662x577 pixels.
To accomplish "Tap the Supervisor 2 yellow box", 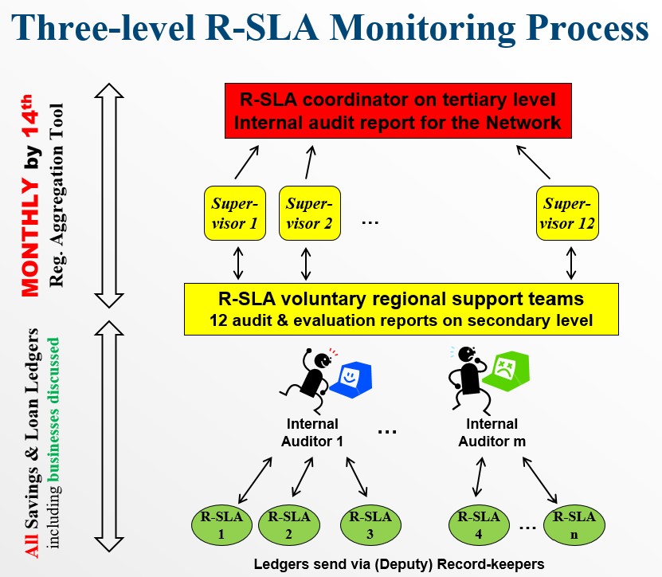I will click(309, 213).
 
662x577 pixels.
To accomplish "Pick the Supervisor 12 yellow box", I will click(566, 213).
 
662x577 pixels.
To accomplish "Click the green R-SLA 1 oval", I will click(221, 525).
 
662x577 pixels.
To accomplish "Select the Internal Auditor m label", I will click(492, 432).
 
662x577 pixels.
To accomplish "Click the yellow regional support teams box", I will click(390, 309).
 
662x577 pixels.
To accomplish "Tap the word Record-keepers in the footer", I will click(495, 564).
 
